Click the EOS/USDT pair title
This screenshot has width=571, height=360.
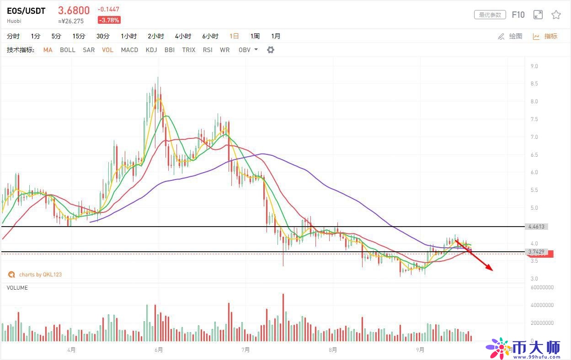(26, 11)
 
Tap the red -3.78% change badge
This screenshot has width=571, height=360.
(109, 20)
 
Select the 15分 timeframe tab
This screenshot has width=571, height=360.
(79, 36)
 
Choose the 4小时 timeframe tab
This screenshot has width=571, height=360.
(183, 36)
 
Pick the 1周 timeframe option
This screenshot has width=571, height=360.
(255, 36)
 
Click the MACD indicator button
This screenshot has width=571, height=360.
(129, 50)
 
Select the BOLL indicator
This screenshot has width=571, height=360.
(68, 50)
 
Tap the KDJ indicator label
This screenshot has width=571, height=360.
(151, 50)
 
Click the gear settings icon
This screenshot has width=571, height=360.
(271, 50)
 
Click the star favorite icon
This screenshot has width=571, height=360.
(556, 15)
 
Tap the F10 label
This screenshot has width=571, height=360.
(518, 15)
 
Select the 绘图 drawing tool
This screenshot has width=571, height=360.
(510, 36)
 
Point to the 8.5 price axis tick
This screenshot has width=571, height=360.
(534, 84)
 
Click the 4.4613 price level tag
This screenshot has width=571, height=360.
(536, 227)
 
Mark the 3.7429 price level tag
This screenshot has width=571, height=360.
(536, 252)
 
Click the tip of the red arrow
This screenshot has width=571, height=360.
(492, 271)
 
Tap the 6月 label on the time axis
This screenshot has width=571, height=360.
(159, 350)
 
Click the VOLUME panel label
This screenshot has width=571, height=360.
(17, 288)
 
